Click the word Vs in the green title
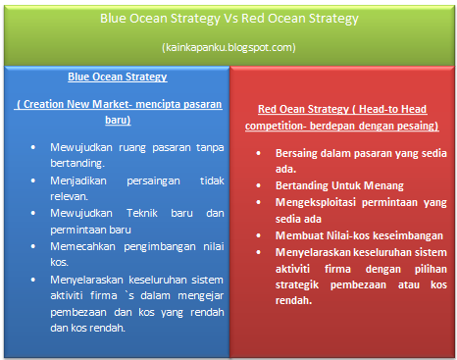click(x=230, y=19)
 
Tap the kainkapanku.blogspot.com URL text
click(x=228, y=47)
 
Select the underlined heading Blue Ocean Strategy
click(x=118, y=77)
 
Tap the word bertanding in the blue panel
click(x=77, y=163)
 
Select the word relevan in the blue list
click(x=69, y=196)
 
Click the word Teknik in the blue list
click(x=142, y=213)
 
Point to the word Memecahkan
click(x=82, y=246)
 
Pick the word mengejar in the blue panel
click(x=201, y=296)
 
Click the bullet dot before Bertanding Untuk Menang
click(x=258, y=185)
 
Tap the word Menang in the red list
click(x=383, y=185)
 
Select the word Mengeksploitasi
click(x=316, y=202)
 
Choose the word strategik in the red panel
click(x=297, y=285)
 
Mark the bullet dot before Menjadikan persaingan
click(x=33, y=180)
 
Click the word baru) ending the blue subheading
click(x=118, y=120)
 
